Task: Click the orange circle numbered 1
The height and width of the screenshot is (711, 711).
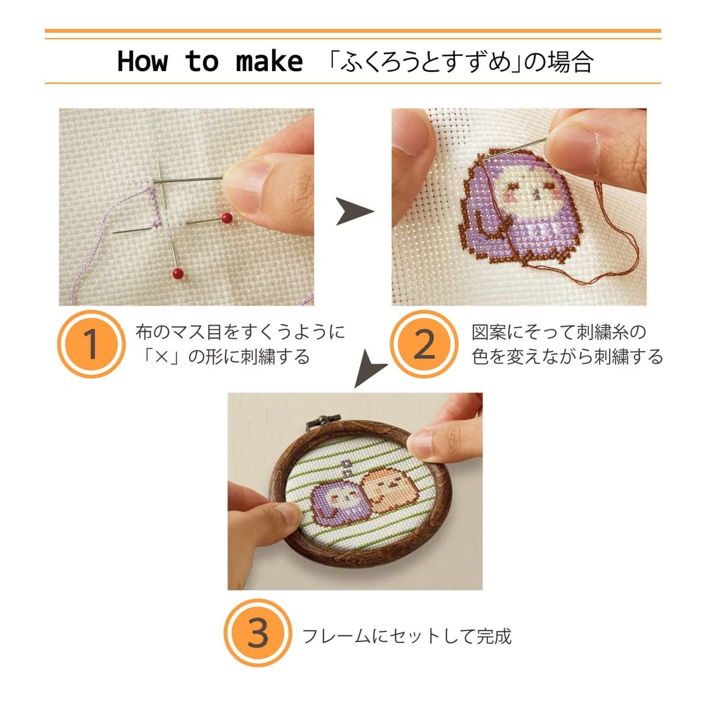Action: coord(91,344)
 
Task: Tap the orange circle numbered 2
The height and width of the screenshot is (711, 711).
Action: coord(424,344)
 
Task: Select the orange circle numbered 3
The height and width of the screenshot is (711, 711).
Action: coord(258,633)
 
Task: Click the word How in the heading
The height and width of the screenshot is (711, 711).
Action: coord(142,61)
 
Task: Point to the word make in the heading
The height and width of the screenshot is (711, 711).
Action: coord(270,61)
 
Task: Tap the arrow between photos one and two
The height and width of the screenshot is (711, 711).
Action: coord(354,211)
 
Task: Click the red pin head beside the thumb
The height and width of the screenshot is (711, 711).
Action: coord(227,218)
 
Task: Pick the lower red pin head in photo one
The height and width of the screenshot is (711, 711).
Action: coord(178,273)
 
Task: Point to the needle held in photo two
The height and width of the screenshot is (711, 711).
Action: coord(516,149)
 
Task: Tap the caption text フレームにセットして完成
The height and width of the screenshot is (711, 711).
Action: coord(407,636)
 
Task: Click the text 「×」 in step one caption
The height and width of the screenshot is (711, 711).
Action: coord(162,357)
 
